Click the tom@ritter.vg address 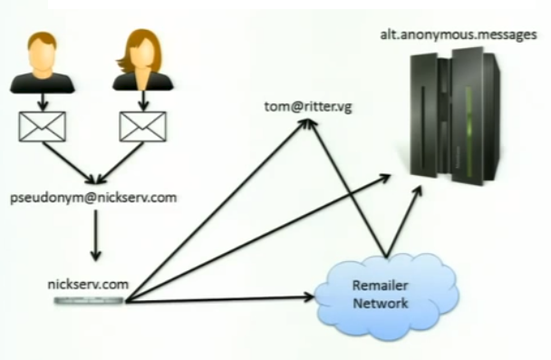(309, 109)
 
